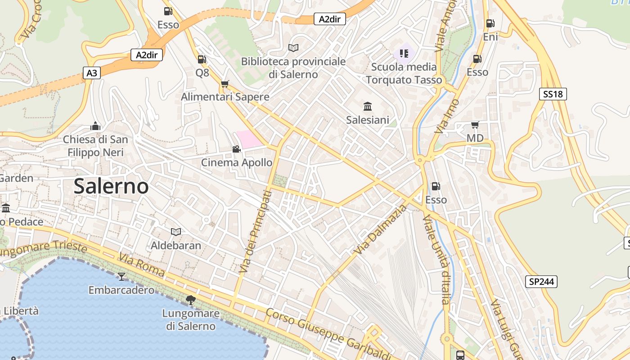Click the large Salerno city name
[111, 186]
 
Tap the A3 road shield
[91, 73]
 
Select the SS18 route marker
[553, 94]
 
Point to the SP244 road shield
[541, 282]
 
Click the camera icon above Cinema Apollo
[236, 149]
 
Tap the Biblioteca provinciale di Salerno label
[293, 67]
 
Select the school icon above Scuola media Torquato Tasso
[404, 54]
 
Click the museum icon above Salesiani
[368, 107]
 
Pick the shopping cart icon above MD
[475, 125]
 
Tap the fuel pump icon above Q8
[202, 59]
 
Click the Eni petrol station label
[490, 37]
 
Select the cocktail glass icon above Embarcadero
[121, 276]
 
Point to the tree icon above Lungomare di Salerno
[191, 300]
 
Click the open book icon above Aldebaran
[176, 232]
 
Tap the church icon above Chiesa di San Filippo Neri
[95, 126]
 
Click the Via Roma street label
[142, 265]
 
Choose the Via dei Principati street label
[255, 232]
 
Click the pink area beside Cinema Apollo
[247, 139]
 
